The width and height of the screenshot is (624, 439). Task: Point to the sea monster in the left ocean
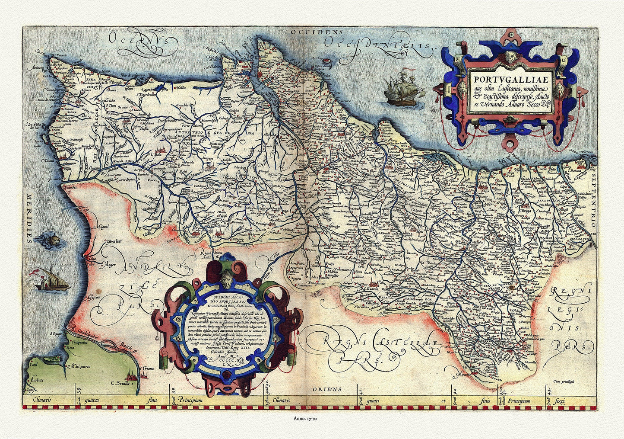pyautogui.click(x=54, y=239)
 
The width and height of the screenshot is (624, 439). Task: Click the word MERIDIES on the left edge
pyautogui.click(x=29, y=218)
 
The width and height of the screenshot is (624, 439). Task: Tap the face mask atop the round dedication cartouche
pyautogui.click(x=228, y=276)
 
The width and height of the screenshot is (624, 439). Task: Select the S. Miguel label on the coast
pyautogui.click(x=101, y=226)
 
